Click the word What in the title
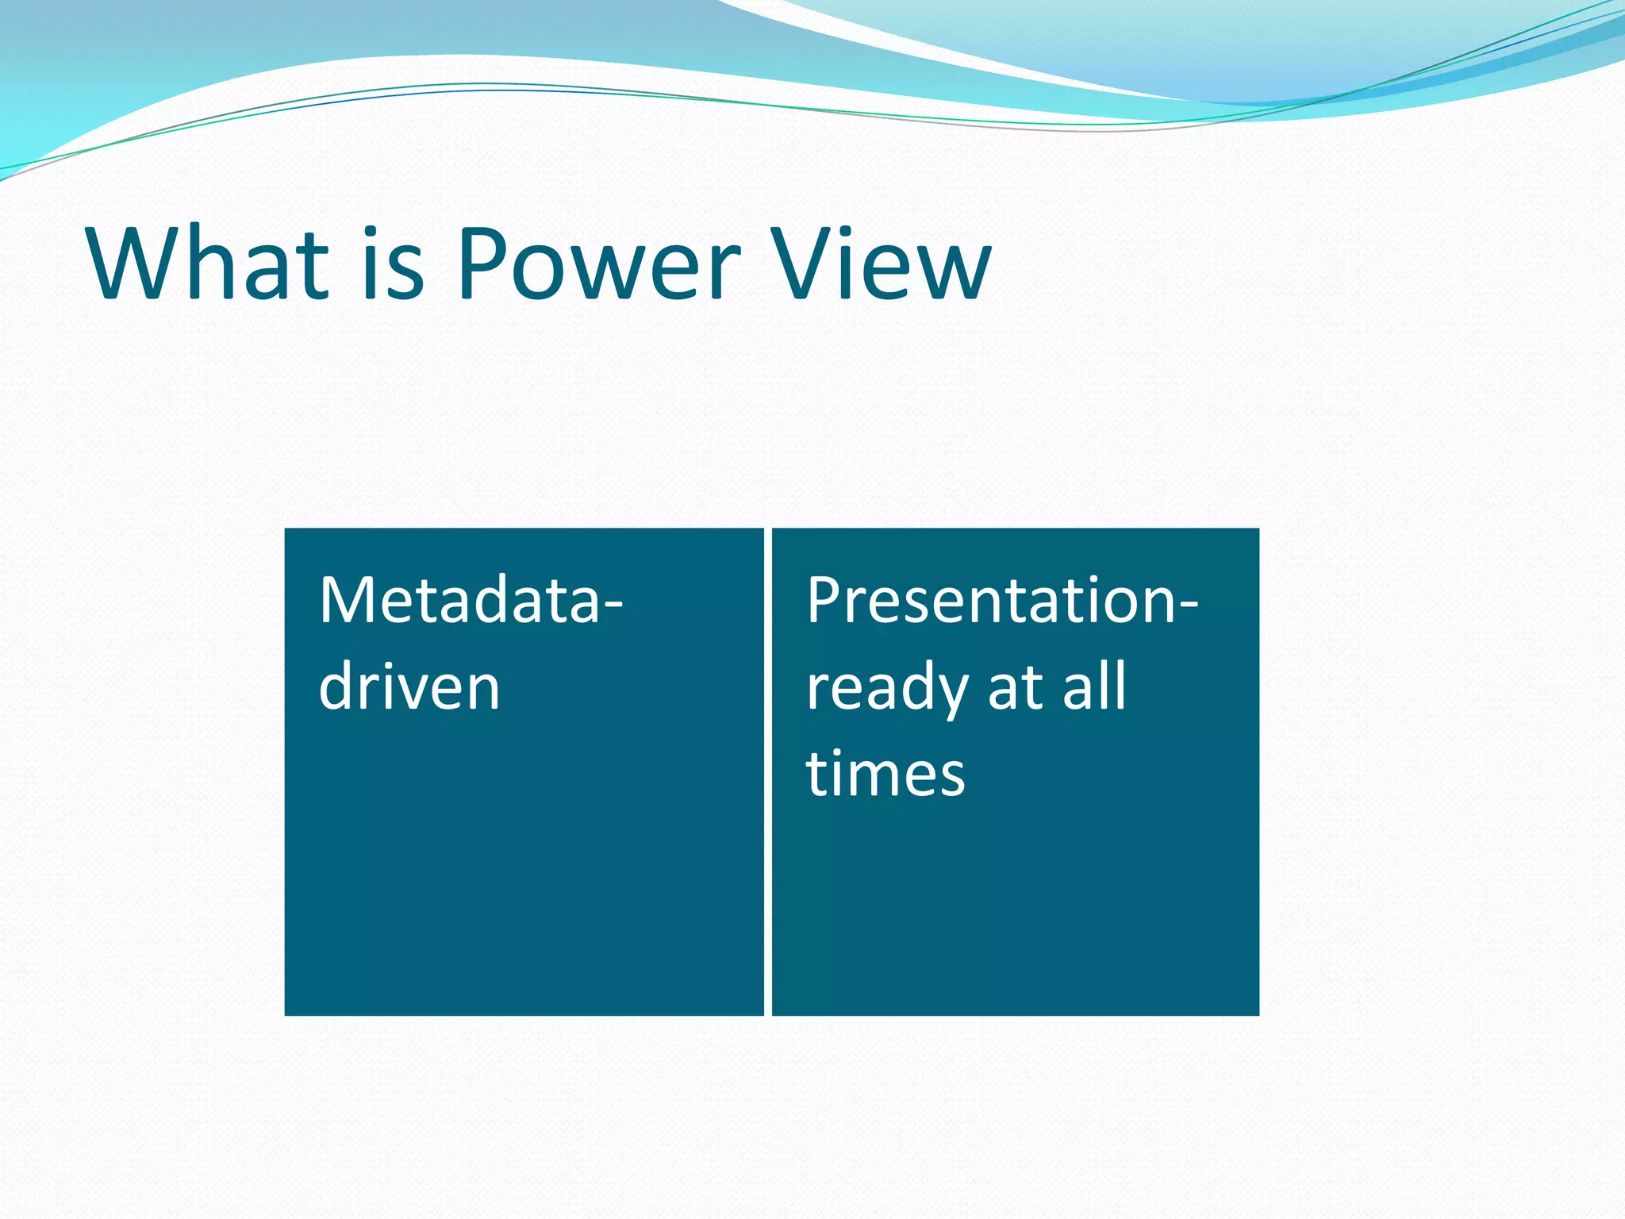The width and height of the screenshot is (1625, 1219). pyautogui.click(x=208, y=263)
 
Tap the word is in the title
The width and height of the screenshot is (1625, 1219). pyautogui.click(x=394, y=263)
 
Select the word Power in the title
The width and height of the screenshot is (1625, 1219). pyautogui.click(x=599, y=263)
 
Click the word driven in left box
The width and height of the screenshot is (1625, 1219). pyautogui.click(x=409, y=687)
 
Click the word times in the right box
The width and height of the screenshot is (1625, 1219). pyautogui.click(x=885, y=773)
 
